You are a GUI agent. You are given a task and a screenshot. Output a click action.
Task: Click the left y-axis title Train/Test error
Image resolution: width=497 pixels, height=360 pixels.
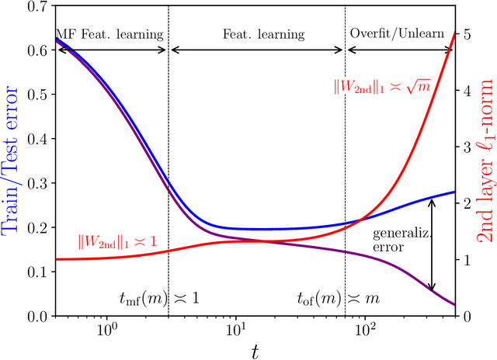tap(13, 161)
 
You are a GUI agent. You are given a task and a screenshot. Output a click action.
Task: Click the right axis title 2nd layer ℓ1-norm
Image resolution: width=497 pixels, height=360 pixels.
tap(486, 161)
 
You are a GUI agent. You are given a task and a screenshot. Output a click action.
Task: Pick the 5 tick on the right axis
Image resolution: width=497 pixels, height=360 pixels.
tap(465, 35)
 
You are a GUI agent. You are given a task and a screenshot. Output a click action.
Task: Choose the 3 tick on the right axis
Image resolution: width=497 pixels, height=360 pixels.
tap(465, 147)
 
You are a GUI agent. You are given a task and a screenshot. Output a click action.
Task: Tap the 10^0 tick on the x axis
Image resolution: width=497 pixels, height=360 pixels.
tap(106, 329)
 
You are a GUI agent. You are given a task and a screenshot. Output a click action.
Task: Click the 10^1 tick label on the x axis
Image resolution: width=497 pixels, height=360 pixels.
tap(235, 329)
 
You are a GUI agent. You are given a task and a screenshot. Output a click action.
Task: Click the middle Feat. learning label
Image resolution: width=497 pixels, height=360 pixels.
tap(255, 34)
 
